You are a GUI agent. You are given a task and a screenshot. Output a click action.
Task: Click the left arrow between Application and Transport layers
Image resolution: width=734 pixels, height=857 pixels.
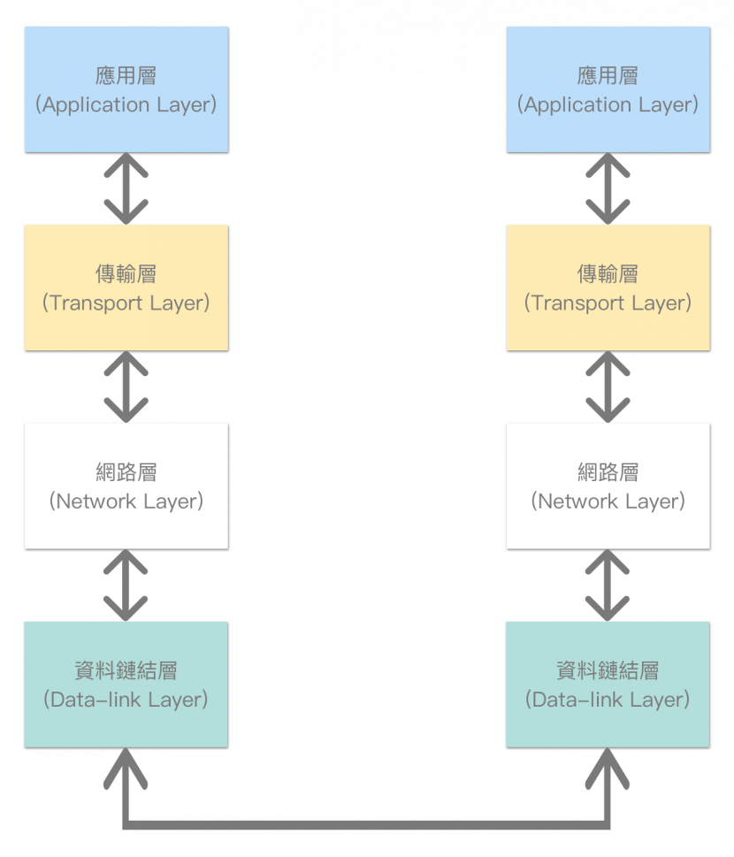126,187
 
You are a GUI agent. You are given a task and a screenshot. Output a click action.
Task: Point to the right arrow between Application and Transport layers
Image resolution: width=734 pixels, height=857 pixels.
608,187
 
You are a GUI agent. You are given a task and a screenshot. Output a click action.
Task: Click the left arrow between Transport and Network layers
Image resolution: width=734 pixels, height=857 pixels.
126,386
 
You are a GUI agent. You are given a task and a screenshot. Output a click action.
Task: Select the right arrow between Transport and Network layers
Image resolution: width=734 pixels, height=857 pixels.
608,386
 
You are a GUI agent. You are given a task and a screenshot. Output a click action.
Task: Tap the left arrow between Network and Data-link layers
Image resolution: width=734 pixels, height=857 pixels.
126,585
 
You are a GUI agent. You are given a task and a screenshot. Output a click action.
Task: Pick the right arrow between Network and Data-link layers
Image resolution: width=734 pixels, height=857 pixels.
608,585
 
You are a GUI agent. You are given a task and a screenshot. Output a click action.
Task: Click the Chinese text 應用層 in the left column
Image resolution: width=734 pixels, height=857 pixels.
126,76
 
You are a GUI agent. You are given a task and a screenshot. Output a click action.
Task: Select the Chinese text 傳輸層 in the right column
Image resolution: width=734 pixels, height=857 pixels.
608,274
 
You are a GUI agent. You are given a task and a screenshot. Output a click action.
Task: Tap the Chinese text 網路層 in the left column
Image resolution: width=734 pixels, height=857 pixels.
126,472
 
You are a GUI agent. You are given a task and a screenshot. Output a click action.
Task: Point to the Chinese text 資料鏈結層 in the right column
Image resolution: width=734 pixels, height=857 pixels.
608,671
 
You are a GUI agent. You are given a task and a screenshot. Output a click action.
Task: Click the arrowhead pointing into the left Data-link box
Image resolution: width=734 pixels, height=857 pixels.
126,766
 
